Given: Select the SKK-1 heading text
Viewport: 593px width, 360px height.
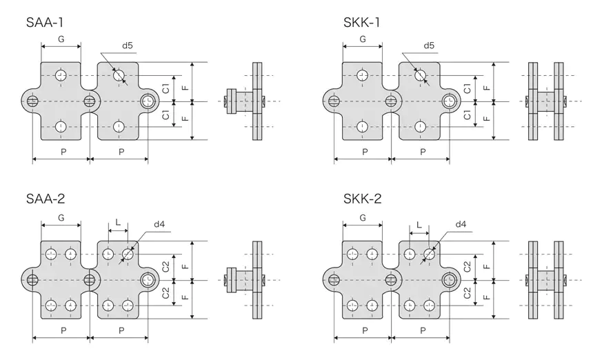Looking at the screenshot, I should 362,23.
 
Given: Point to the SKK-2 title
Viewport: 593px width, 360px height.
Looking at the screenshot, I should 363,200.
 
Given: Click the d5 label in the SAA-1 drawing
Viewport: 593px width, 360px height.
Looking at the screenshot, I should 128,46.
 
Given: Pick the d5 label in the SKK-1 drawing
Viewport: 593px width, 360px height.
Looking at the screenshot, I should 428,46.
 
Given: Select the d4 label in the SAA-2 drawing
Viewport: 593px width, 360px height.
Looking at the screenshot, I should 159,224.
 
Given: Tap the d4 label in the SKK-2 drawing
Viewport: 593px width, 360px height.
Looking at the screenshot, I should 461,224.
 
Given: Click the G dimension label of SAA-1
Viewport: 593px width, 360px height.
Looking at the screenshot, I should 61,39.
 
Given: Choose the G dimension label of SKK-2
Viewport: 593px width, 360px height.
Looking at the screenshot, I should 363,218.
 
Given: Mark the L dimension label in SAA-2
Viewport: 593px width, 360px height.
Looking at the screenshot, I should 118,223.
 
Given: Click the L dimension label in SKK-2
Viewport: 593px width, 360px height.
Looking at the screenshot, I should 419,223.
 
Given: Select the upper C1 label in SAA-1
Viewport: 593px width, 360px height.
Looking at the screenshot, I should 166,88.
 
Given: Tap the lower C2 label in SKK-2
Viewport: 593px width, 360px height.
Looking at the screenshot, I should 468,293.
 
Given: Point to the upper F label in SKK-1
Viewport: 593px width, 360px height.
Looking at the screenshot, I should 487,88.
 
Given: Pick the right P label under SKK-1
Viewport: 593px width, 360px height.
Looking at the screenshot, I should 422,152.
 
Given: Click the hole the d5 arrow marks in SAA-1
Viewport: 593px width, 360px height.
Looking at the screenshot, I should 119,74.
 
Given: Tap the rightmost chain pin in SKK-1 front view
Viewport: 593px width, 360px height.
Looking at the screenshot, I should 450,101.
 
